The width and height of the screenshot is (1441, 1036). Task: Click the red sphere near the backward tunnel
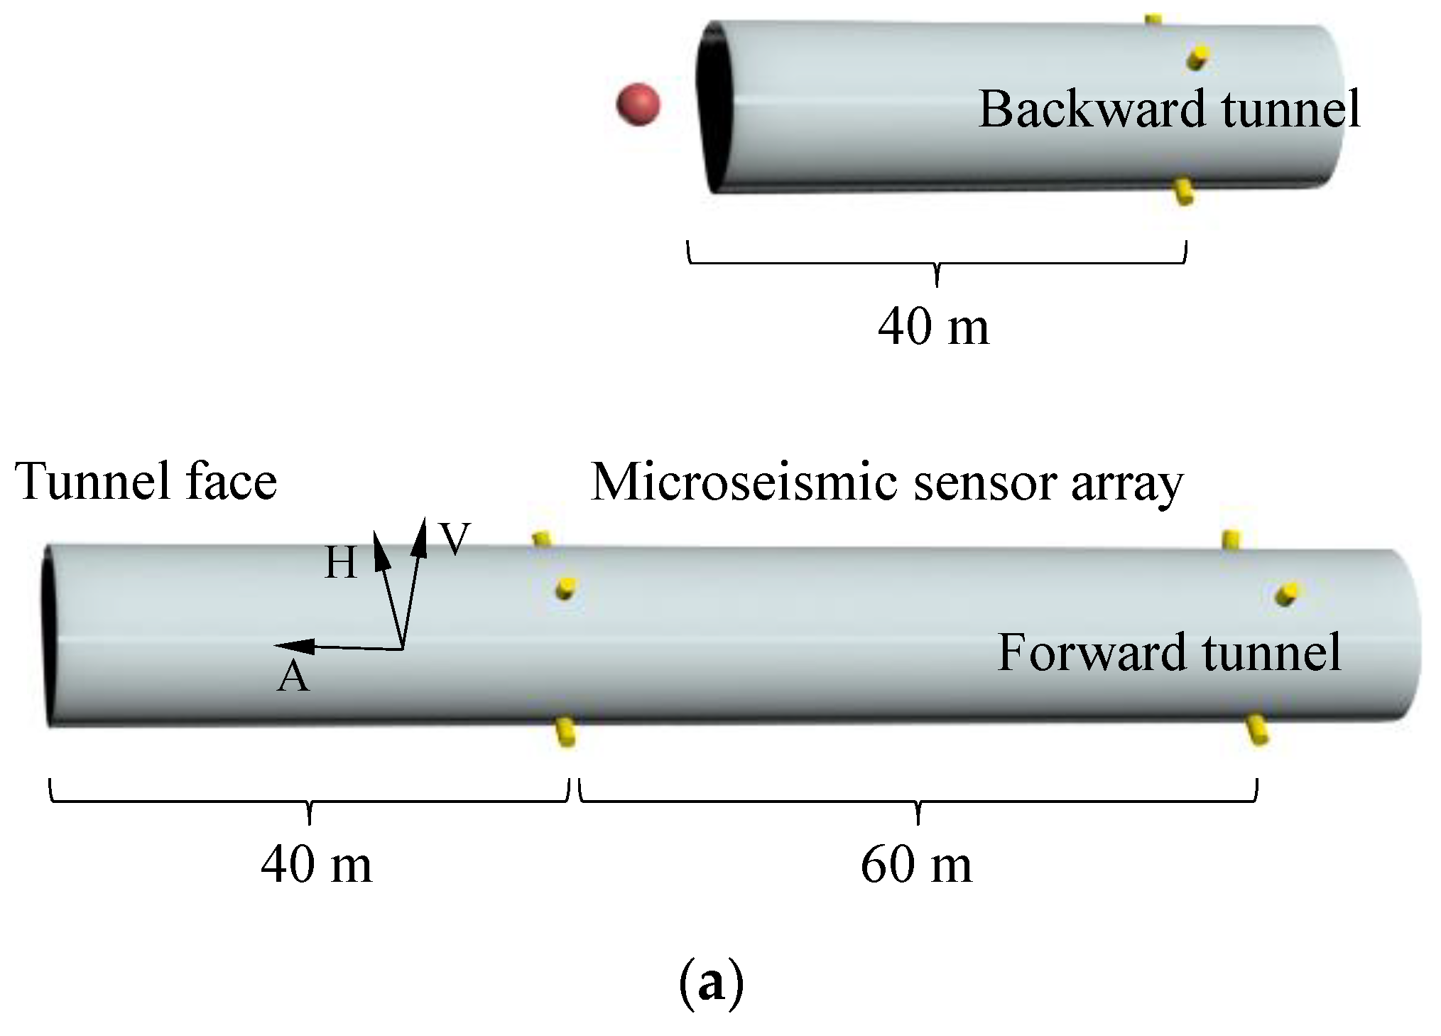(638, 105)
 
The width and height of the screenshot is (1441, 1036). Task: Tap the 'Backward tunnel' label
(1169, 109)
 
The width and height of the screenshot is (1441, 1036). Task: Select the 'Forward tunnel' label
(1169, 652)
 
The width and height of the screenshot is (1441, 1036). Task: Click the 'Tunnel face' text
(146, 481)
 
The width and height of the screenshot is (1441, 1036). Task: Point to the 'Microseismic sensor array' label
(887, 482)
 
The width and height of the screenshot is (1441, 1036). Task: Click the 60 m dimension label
(916, 865)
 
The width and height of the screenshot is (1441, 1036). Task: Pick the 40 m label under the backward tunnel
(933, 328)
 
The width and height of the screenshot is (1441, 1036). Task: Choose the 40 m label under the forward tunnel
(316, 865)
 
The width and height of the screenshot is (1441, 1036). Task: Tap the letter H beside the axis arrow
(340, 565)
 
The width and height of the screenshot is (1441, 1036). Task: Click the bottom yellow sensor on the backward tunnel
(1182, 192)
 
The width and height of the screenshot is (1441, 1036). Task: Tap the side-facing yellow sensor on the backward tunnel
(1199, 56)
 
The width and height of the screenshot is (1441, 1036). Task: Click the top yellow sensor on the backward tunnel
(1155, 19)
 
